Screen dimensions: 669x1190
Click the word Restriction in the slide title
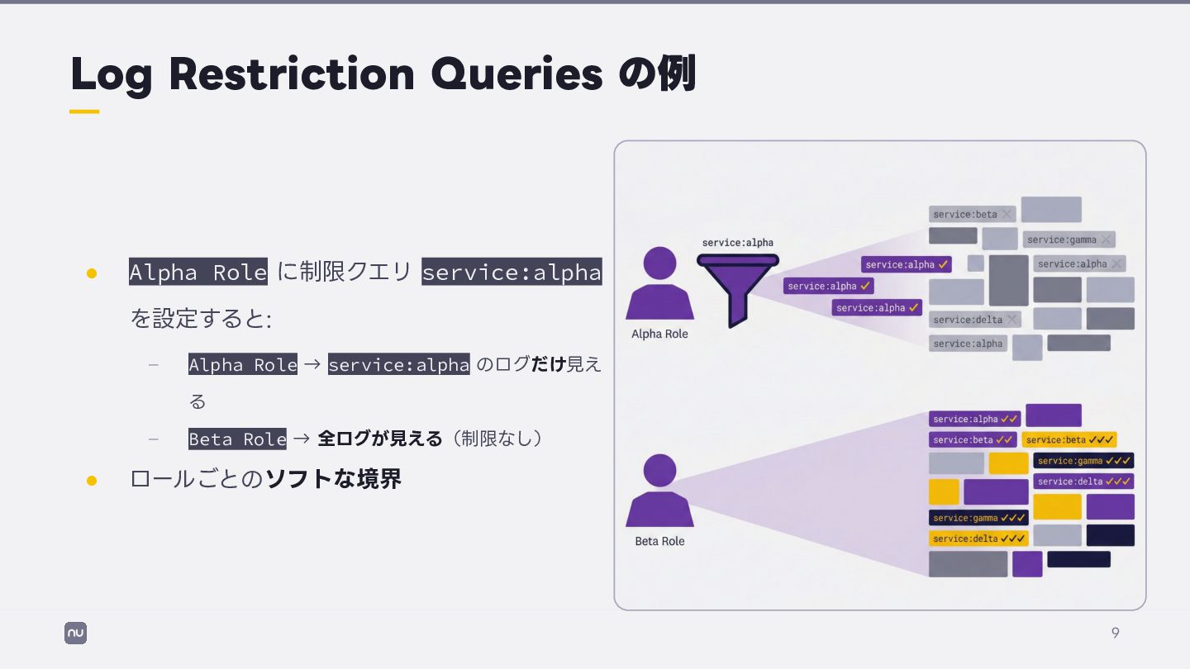click(292, 74)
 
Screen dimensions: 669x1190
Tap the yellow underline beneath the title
click(84, 111)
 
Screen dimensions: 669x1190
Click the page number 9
click(1115, 633)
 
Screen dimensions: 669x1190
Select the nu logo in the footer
click(75, 633)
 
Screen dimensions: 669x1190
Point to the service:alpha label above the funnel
click(737, 242)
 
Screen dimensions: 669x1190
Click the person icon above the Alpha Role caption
click(659, 283)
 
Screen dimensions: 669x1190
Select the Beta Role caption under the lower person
click(659, 541)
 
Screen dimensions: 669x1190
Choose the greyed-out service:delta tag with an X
click(974, 320)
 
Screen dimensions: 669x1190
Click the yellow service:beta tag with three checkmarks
click(1069, 440)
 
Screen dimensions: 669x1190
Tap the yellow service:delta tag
click(978, 539)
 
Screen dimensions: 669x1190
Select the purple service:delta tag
click(1083, 482)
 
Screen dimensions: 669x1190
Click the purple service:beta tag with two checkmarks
click(973, 440)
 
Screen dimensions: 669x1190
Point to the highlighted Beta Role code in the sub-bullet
click(237, 439)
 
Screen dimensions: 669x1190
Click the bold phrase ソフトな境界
click(333, 479)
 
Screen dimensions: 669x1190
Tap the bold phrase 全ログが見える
click(380, 439)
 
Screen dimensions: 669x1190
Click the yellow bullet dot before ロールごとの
click(92, 480)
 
